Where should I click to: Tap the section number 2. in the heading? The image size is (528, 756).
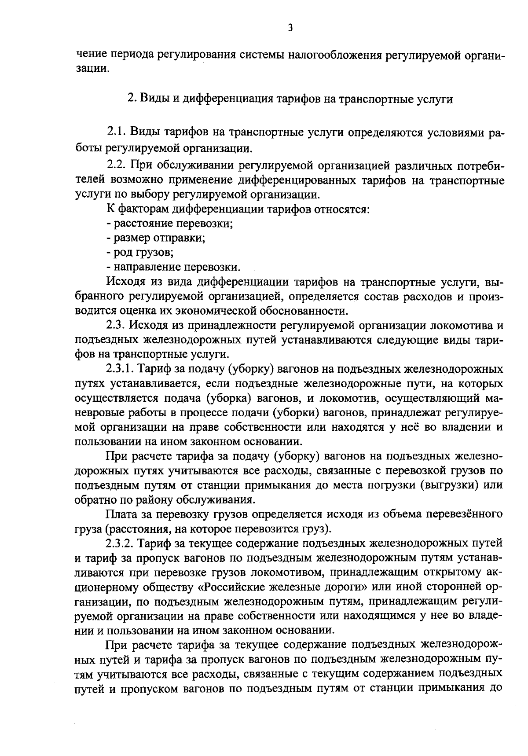(131, 99)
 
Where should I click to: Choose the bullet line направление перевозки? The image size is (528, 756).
(173, 267)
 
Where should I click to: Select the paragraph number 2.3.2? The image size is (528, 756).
(121, 544)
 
